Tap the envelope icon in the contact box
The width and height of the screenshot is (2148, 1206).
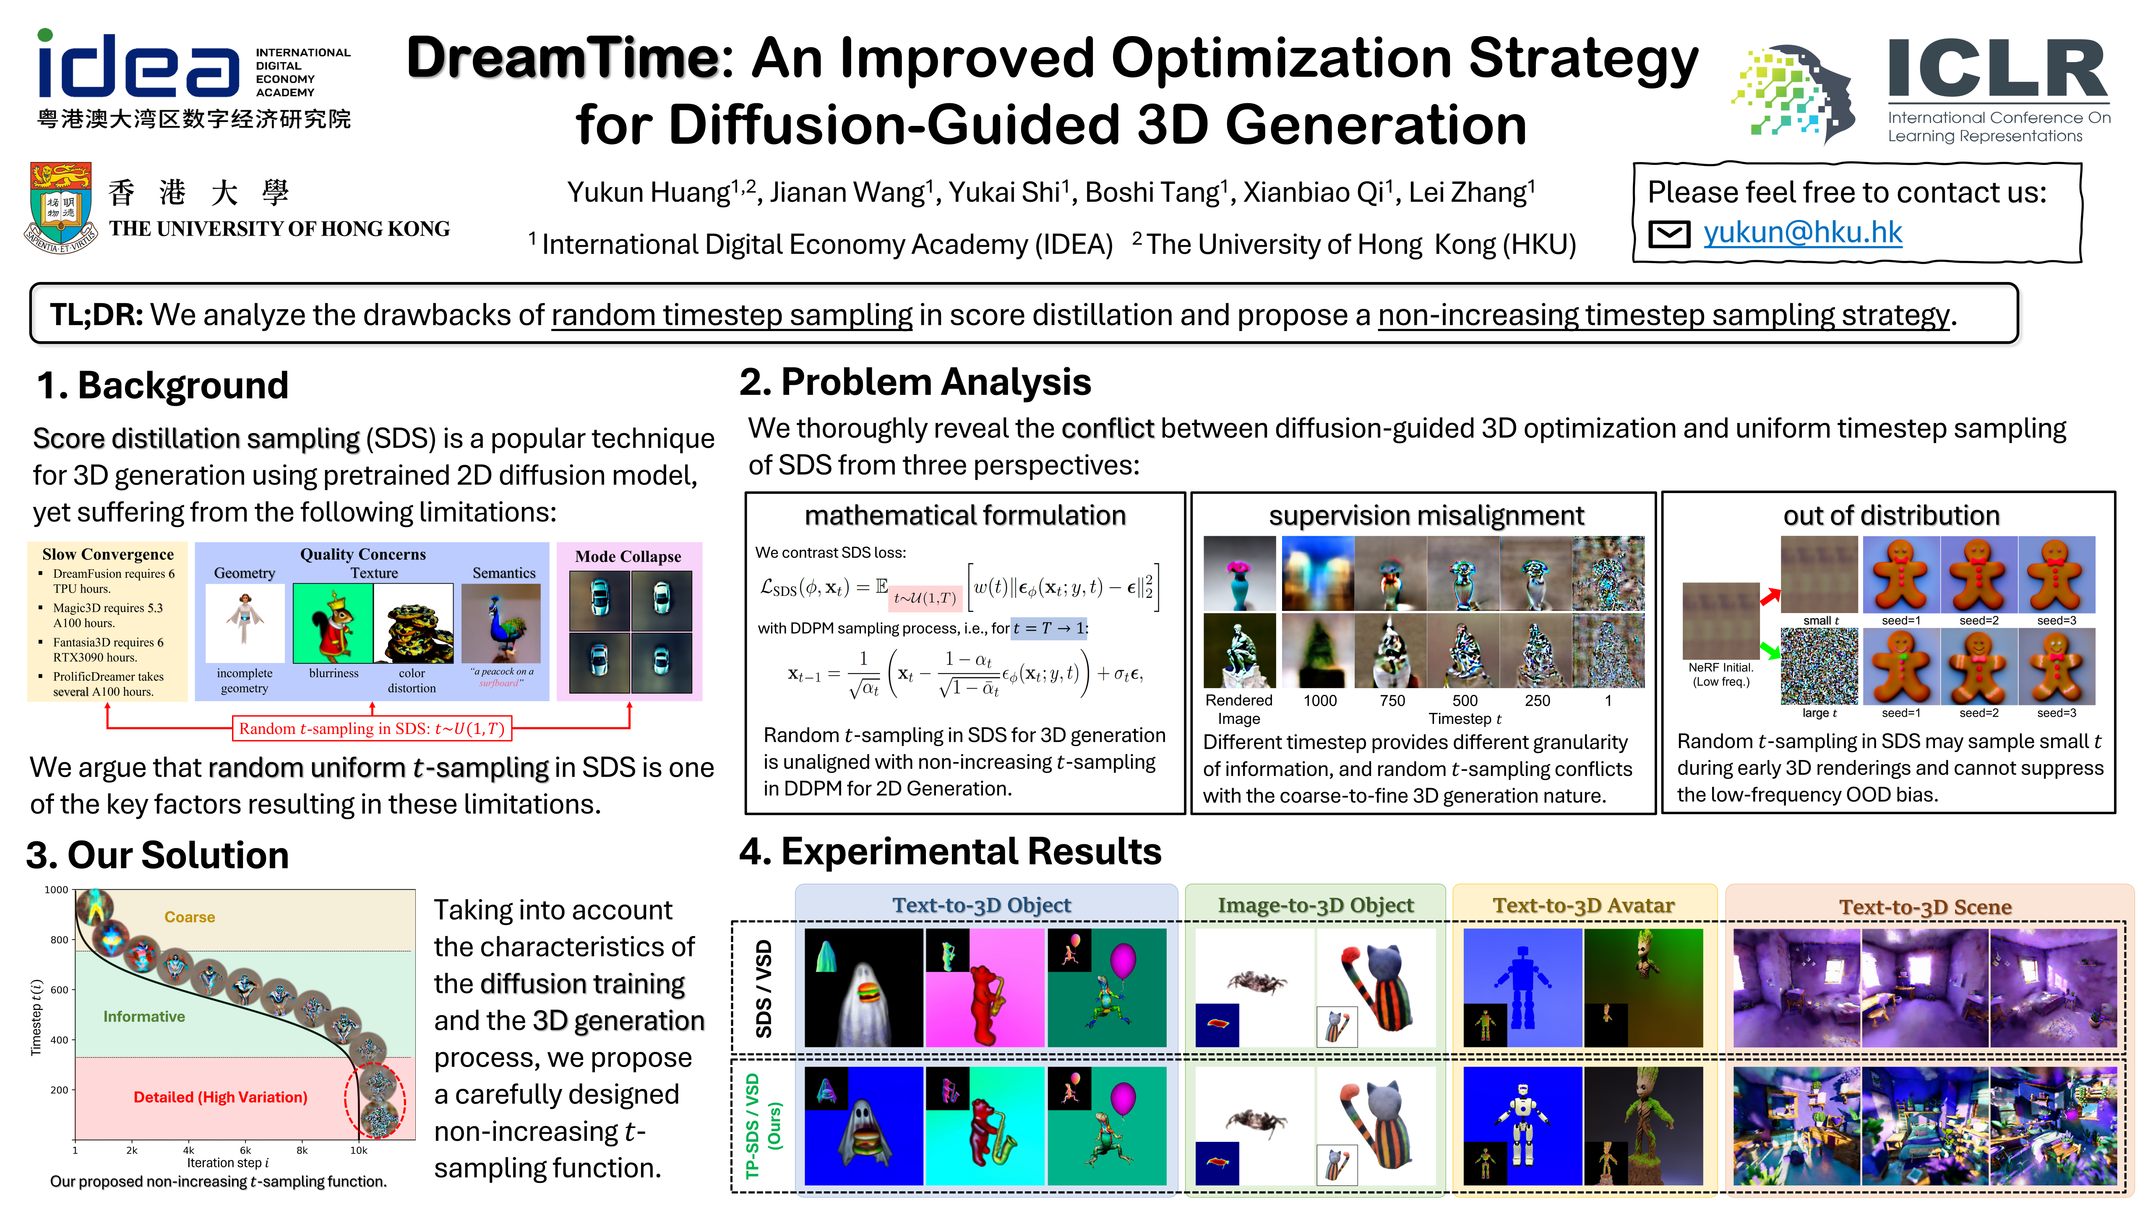pyautogui.click(x=1669, y=235)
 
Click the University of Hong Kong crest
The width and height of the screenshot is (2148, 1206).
pyautogui.click(x=61, y=207)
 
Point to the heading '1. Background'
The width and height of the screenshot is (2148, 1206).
pyautogui.click(x=163, y=385)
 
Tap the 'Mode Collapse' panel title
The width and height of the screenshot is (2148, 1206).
pyautogui.click(x=628, y=556)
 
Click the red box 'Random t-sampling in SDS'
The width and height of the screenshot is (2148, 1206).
pyautogui.click(x=372, y=728)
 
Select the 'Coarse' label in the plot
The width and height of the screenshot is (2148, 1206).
pyautogui.click(x=189, y=916)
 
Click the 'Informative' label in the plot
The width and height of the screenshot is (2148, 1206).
pyautogui.click(x=144, y=1016)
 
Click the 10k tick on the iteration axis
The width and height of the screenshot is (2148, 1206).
pyautogui.click(x=359, y=1150)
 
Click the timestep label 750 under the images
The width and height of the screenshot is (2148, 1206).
pyautogui.click(x=1392, y=701)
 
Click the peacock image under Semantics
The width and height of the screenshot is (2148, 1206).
pyautogui.click(x=501, y=623)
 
